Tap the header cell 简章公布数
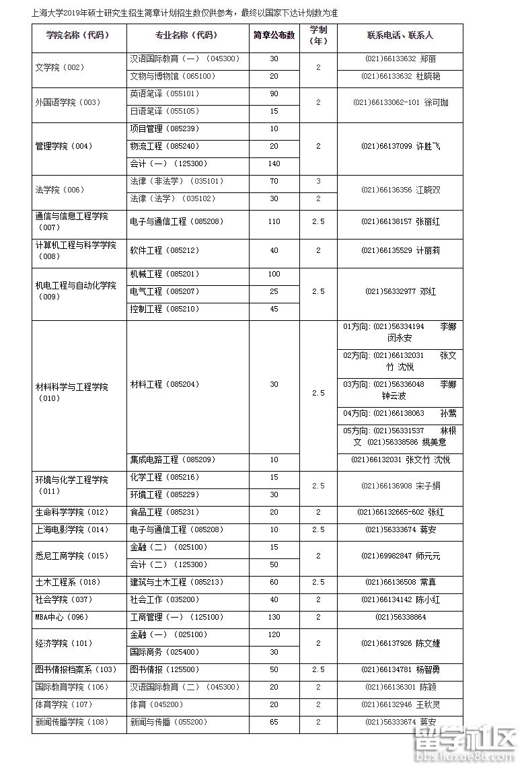click(x=274, y=35)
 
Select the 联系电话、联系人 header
click(x=400, y=35)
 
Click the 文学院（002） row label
click(x=60, y=67)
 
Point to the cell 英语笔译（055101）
click(x=165, y=94)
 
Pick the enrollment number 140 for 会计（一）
click(x=274, y=163)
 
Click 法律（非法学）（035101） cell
click(x=176, y=181)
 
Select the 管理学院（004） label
click(x=64, y=146)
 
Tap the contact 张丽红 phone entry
click(x=400, y=221)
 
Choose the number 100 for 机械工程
click(x=274, y=274)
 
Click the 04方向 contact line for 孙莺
click(x=400, y=413)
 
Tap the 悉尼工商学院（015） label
click(x=72, y=556)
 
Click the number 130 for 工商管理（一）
click(x=274, y=617)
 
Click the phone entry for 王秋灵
click(x=400, y=704)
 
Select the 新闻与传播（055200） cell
click(x=169, y=722)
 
